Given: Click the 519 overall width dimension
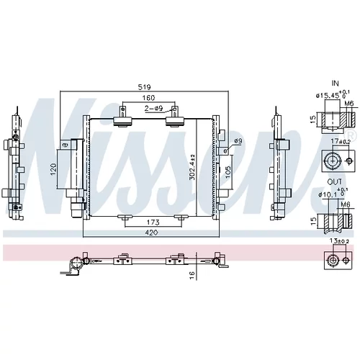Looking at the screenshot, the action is tap(145, 87).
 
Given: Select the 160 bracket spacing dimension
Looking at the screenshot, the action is tap(149, 98).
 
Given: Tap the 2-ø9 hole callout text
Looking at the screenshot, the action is tap(153, 109).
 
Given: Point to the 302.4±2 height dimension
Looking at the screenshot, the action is tap(192, 167).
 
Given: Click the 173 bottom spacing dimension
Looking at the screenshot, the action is tap(153, 222).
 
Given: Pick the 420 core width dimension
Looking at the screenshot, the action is tap(152, 233).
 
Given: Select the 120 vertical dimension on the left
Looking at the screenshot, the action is tap(53, 169).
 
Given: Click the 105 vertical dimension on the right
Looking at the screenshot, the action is tap(228, 172).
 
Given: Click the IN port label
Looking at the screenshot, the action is tap(335, 84).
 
